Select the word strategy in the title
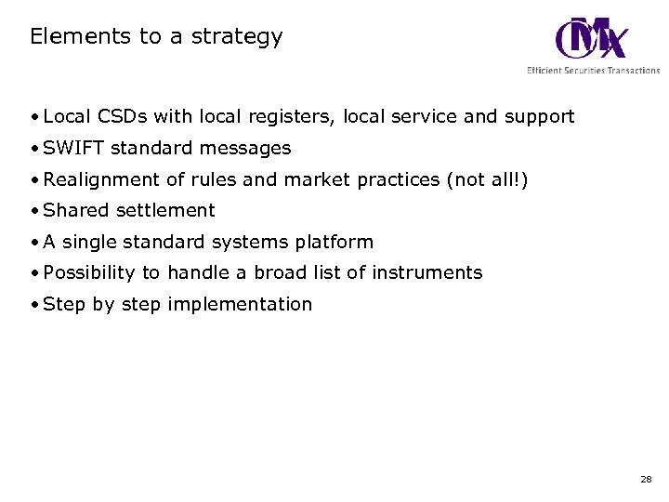(x=238, y=38)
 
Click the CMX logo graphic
(x=591, y=38)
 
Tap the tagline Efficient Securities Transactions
(x=593, y=71)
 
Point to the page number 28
(x=646, y=480)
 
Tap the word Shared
(x=76, y=210)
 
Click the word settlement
(x=165, y=210)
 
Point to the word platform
(x=334, y=243)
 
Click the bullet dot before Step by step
(x=34, y=305)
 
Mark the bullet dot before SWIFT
(x=34, y=149)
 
